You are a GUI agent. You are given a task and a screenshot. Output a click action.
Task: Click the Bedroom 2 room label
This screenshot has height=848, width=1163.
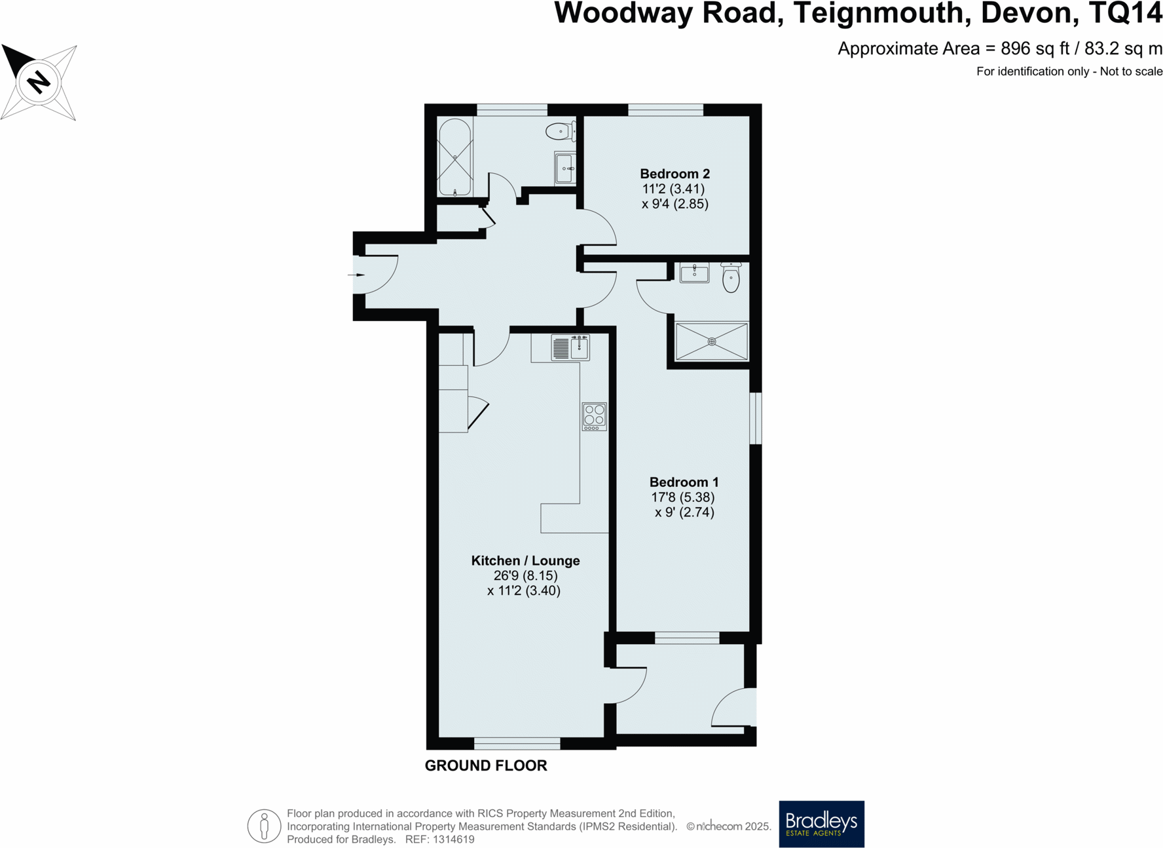click(674, 174)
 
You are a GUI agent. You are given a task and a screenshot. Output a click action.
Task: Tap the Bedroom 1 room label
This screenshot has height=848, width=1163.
click(684, 482)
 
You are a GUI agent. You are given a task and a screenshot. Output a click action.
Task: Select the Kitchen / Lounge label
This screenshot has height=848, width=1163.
click(525, 560)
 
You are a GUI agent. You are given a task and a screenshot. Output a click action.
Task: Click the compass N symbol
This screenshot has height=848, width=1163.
click(39, 83)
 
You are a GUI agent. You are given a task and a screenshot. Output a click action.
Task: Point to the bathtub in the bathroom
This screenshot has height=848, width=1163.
click(454, 157)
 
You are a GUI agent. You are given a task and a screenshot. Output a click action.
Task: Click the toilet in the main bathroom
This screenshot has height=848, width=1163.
click(560, 131)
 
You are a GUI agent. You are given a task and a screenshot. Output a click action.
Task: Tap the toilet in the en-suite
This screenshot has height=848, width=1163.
click(731, 277)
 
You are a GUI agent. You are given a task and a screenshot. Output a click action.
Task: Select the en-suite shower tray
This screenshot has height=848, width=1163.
click(711, 341)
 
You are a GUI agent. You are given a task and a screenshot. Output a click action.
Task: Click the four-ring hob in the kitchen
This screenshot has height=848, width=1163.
click(595, 416)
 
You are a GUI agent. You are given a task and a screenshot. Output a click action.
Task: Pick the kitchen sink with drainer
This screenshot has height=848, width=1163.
click(570, 347)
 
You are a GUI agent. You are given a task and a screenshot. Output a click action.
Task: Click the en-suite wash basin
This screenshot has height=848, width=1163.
click(694, 272)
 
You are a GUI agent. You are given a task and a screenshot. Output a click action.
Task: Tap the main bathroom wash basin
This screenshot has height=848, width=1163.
click(564, 168)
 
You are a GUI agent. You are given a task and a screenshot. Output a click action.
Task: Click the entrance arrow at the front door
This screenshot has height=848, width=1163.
click(358, 275)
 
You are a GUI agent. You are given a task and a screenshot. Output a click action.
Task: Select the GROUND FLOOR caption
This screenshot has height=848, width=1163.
click(486, 765)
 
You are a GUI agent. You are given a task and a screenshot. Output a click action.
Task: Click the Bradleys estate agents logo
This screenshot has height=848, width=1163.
click(821, 824)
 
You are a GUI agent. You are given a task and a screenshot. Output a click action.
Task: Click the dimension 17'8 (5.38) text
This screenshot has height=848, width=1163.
click(682, 497)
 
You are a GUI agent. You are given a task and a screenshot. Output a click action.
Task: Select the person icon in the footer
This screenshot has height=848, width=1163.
click(264, 826)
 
